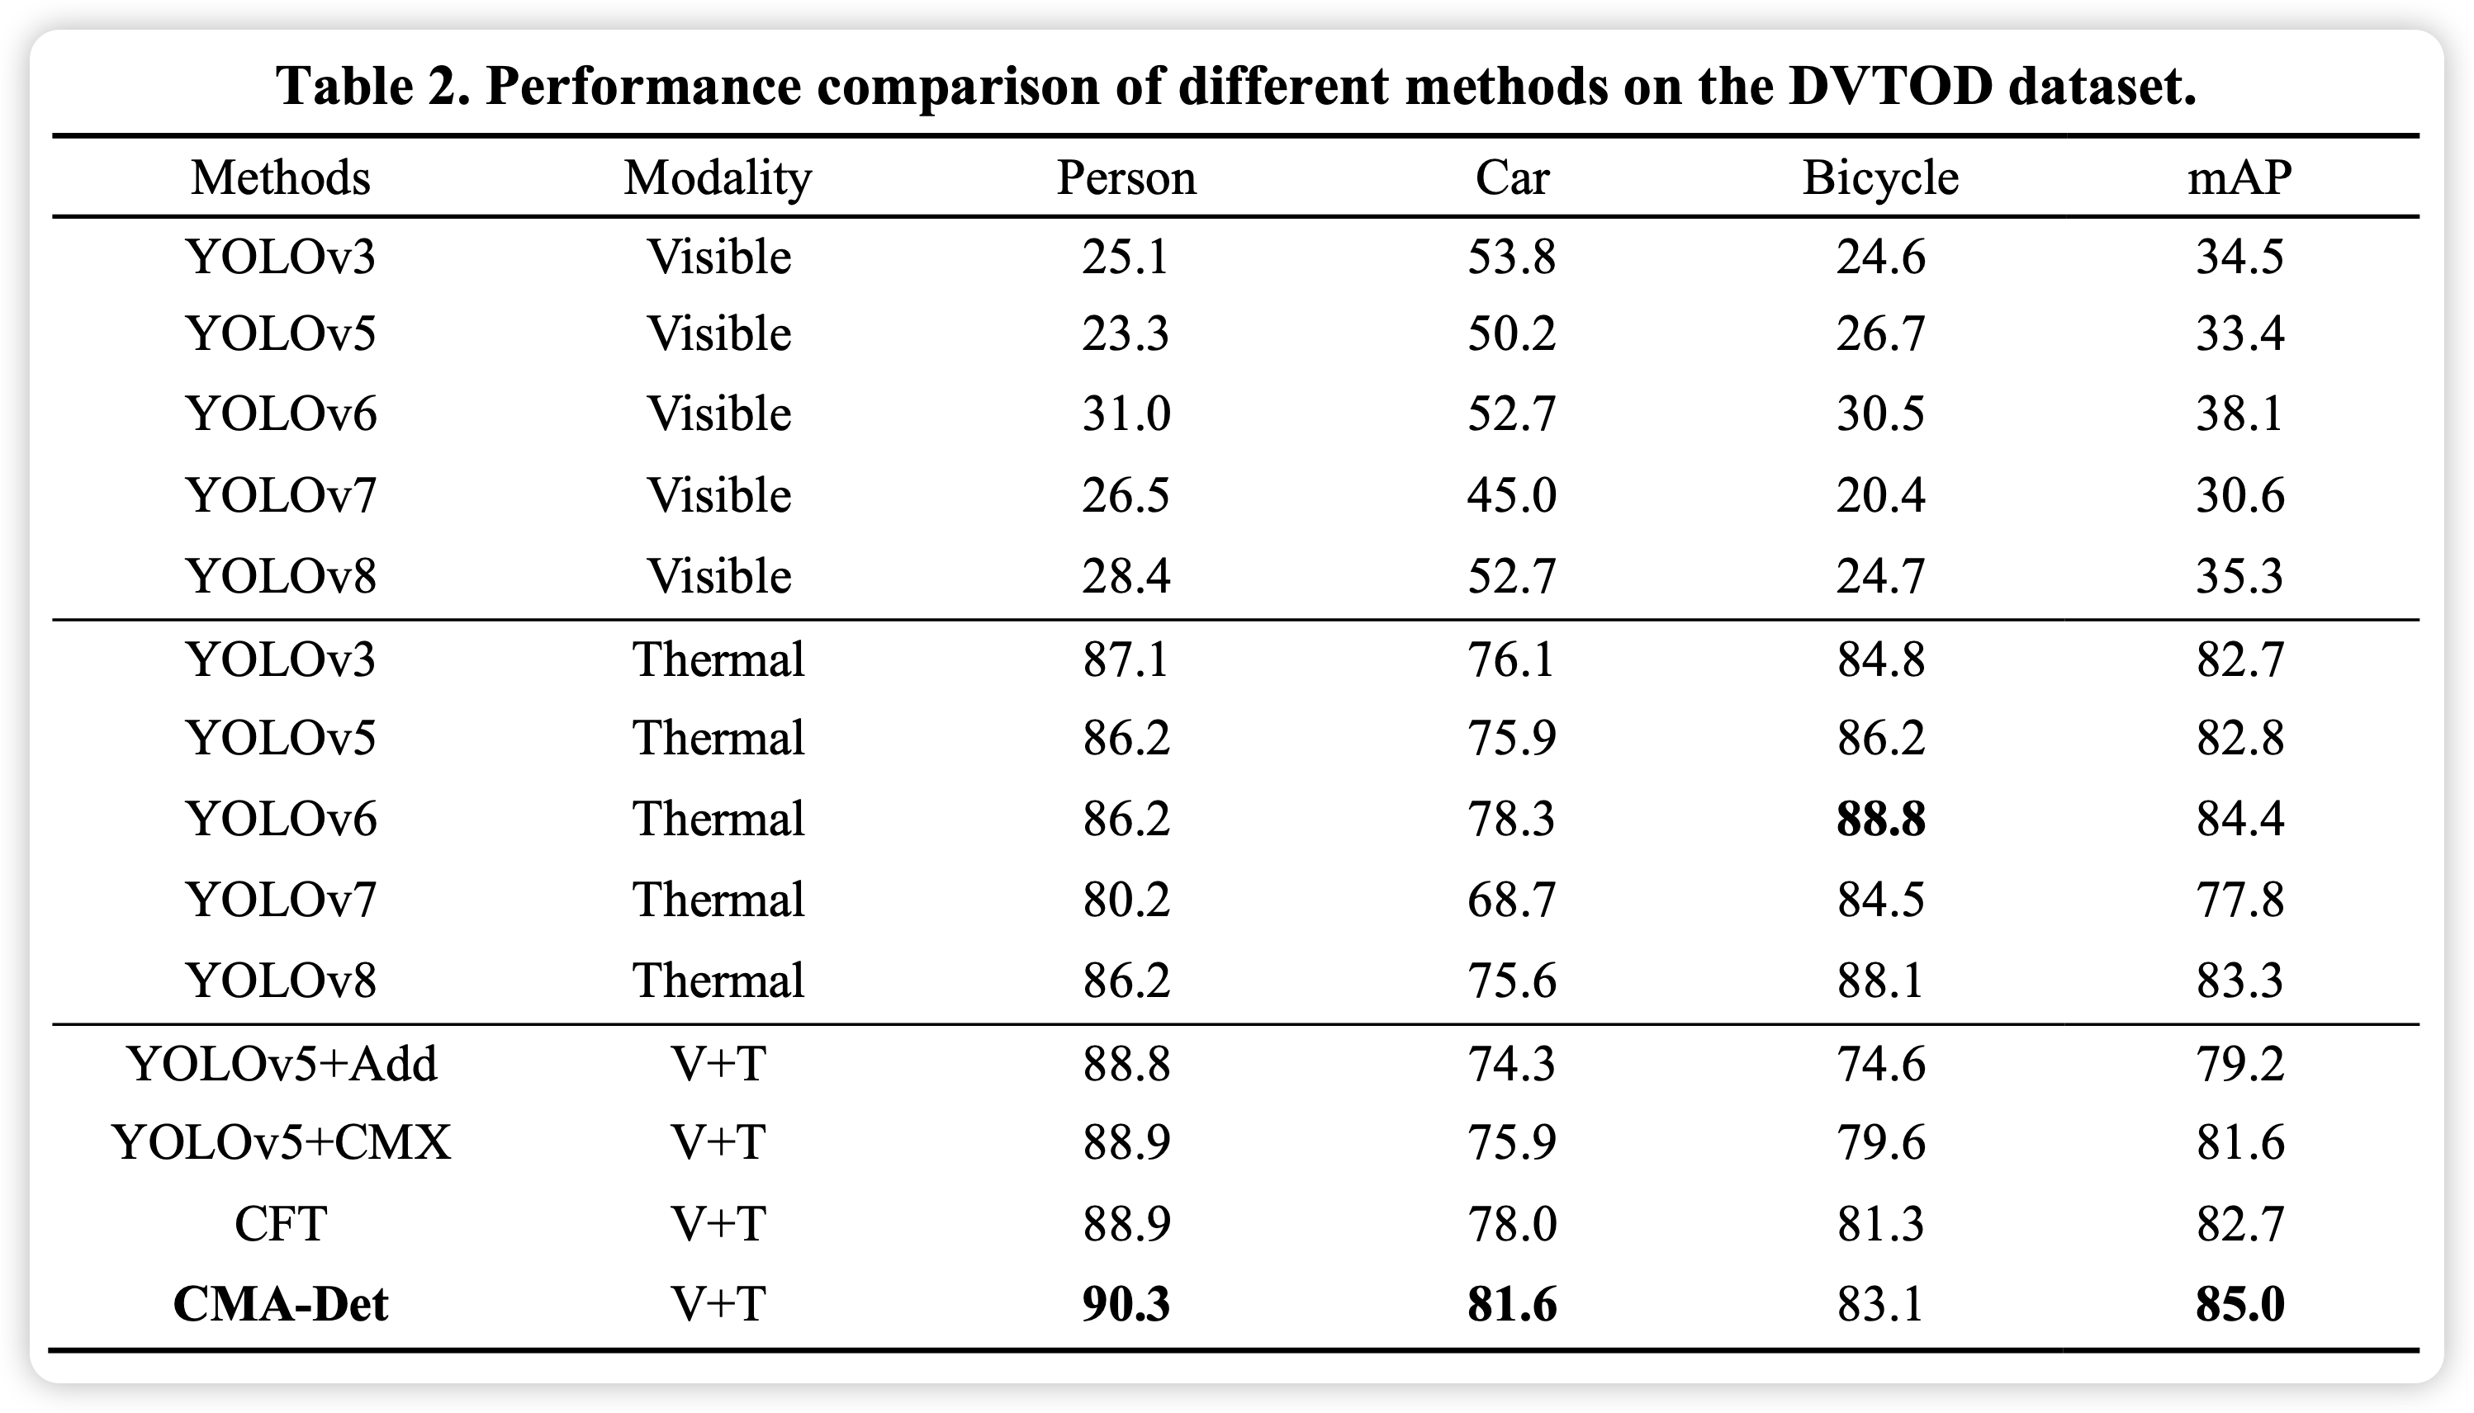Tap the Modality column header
click(x=718, y=178)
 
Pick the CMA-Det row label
click(x=281, y=1303)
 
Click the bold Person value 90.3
click(x=1126, y=1304)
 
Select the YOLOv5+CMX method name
click(x=282, y=1142)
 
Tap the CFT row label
click(x=281, y=1224)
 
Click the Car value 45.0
click(x=1512, y=496)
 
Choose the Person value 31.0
click(x=1126, y=414)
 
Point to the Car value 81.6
click(x=1512, y=1304)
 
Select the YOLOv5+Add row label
click(x=282, y=1064)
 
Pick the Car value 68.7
click(x=1512, y=900)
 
